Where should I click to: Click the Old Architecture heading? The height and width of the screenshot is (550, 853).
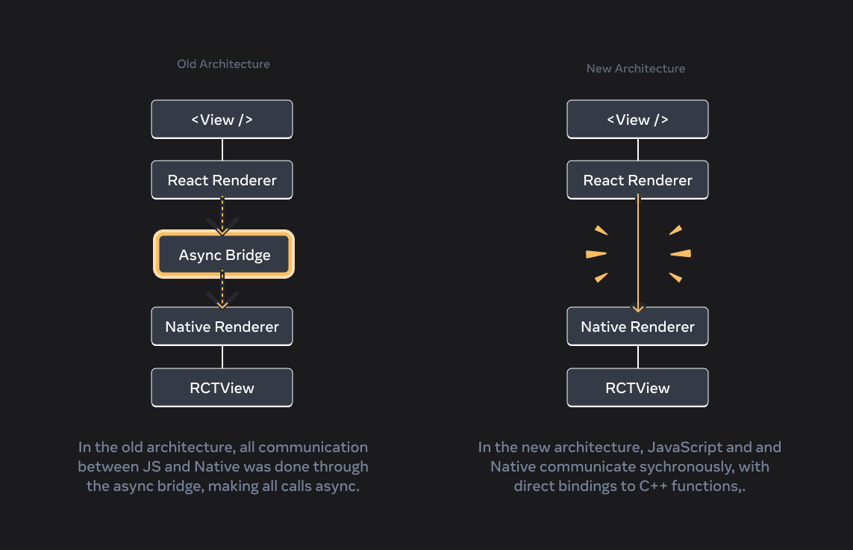[223, 64]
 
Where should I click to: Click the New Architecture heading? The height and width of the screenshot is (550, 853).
[635, 69]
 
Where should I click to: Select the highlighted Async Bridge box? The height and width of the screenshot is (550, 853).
[224, 256]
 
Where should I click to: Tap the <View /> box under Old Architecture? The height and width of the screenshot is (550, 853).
[222, 120]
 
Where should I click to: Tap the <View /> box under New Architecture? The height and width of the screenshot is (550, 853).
[637, 120]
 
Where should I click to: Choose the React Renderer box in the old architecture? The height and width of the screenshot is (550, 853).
[222, 180]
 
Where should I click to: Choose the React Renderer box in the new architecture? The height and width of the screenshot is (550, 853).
[637, 180]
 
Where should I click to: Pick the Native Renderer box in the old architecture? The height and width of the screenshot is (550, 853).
[222, 327]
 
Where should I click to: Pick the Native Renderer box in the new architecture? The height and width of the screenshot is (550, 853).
[637, 327]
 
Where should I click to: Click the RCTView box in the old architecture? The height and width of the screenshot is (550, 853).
[222, 388]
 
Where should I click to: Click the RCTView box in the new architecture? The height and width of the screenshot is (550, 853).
[637, 388]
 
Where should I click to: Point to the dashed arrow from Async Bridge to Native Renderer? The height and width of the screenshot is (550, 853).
[222, 290]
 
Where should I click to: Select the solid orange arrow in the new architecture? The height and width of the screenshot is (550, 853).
[637, 254]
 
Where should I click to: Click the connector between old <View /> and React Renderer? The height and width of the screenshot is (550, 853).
[222, 149]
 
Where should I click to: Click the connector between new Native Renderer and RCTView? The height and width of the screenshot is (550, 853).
[638, 357]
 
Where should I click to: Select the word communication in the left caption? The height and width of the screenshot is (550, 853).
[313, 448]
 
